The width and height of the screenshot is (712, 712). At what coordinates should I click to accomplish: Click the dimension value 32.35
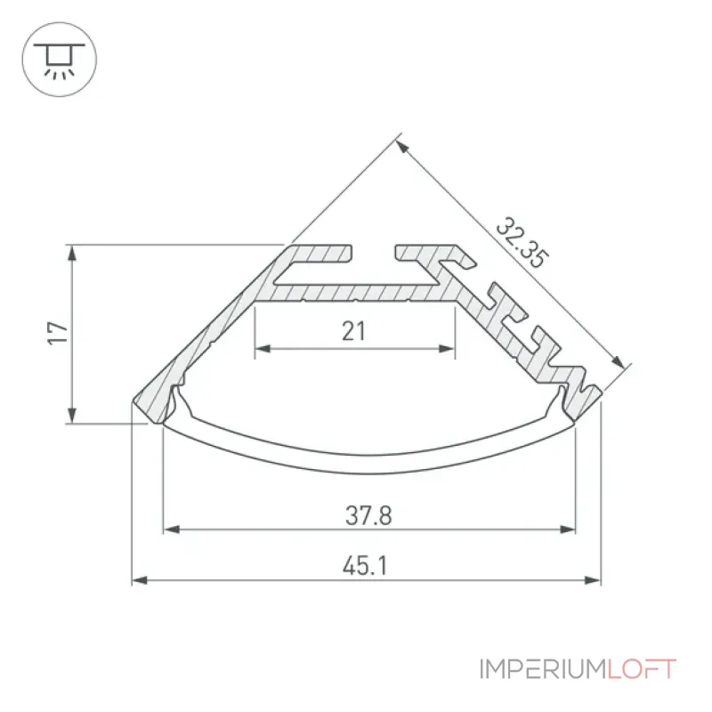pos(522,243)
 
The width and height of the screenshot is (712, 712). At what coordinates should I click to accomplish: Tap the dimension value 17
pos(58,333)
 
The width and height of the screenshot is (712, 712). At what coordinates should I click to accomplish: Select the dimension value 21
pos(353,331)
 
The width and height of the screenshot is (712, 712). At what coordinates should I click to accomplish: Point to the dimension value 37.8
pos(368,516)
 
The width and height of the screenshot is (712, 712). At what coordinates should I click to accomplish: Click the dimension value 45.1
pos(365,566)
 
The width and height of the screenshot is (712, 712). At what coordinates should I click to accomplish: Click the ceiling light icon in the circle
pos(59,61)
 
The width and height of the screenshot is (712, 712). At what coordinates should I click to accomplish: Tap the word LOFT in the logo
pos(642,669)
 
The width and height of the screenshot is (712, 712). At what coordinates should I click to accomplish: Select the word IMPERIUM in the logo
pos(544,669)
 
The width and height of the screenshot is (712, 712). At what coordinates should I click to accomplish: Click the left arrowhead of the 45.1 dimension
pos(140,580)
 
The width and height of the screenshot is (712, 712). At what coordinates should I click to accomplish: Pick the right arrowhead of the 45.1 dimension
pos(593,580)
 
